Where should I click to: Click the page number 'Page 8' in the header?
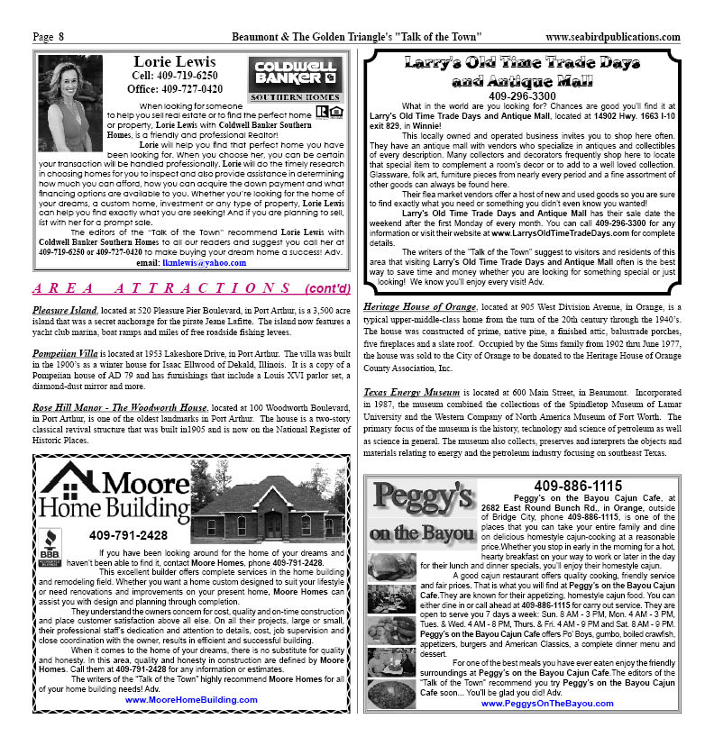(x=48, y=37)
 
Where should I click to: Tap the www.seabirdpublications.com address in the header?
(x=613, y=37)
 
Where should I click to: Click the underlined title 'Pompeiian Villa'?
(x=69, y=354)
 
